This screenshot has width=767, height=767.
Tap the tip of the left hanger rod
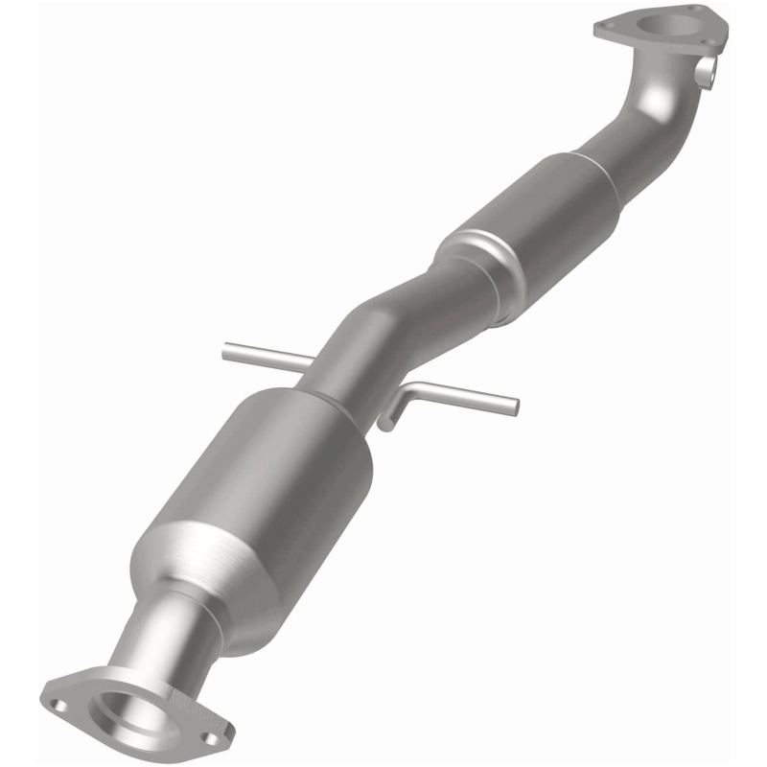pos(226,353)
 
